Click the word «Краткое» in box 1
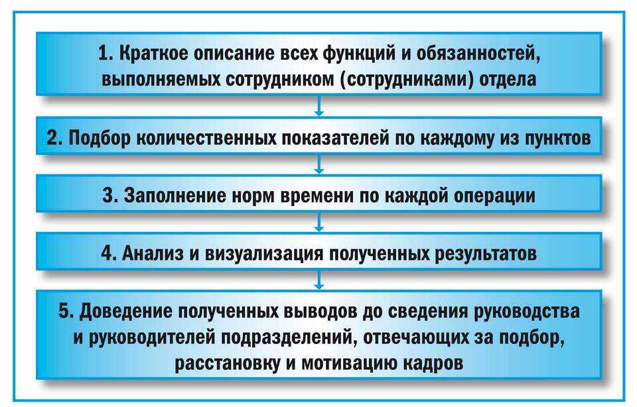point(153,54)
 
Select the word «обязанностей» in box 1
point(478,54)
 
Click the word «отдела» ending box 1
point(508,80)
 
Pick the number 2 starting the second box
point(54,138)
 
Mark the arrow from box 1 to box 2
point(319,106)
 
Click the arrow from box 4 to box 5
point(319,280)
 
